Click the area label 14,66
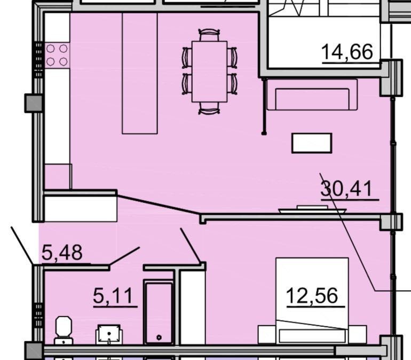point(347,52)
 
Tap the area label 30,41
point(346,189)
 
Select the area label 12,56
point(312,295)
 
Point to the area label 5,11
point(113,295)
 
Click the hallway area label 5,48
point(62,252)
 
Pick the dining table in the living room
point(209,72)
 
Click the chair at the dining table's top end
point(209,35)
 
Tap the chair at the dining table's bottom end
point(209,108)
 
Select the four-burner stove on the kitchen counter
point(57,55)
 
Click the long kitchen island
point(140,73)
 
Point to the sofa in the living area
point(312,95)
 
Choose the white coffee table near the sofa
point(312,143)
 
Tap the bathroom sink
point(109,334)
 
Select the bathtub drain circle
point(159,338)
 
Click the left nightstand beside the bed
point(267,334)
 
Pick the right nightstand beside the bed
point(358,334)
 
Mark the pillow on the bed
point(312,336)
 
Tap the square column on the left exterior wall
point(34,104)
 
